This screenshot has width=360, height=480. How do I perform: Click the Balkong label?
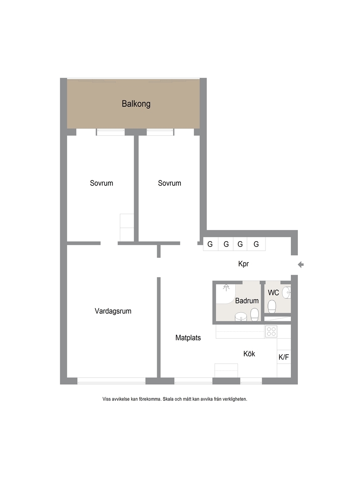click(136, 104)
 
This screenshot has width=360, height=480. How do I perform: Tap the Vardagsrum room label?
click(113, 311)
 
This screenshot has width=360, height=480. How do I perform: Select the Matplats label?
click(188, 338)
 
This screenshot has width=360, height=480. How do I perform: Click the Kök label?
click(249, 354)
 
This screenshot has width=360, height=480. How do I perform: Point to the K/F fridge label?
click(283, 357)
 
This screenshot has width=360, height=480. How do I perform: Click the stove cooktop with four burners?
click(271, 332)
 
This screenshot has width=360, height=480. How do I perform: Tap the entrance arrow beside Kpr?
click(300, 265)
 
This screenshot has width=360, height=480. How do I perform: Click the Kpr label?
click(243, 264)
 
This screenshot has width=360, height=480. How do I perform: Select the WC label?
click(273, 292)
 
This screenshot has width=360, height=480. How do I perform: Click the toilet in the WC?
click(272, 306)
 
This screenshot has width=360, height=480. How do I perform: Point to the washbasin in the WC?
click(286, 292)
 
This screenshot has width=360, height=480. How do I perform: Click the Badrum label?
click(247, 301)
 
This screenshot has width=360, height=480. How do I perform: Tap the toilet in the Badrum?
click(255, 315)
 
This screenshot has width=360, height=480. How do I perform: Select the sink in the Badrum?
click(241, 317)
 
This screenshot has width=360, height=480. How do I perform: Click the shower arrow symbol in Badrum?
click(226, 287)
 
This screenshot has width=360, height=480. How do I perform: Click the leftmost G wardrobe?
click(210, 244)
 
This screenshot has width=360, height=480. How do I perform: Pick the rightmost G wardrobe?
click(256, 244)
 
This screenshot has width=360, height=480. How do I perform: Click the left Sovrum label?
click(101, 183)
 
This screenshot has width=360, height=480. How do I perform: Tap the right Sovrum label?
click(169, 183)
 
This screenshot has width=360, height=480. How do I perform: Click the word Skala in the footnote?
click(168, 399)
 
